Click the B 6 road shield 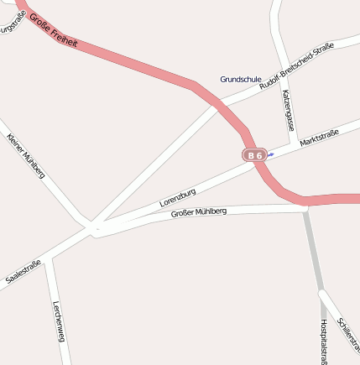[254, 155]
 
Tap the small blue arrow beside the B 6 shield [270, 154]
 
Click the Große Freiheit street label [54, 29]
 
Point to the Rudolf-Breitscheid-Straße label [296, 66]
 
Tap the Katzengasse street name [288, 110]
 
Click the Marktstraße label [319, 138]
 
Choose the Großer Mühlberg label [199, 213]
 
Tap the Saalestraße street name [23, 274]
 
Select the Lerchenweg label [59, 321]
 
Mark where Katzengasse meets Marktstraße [294, 141]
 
